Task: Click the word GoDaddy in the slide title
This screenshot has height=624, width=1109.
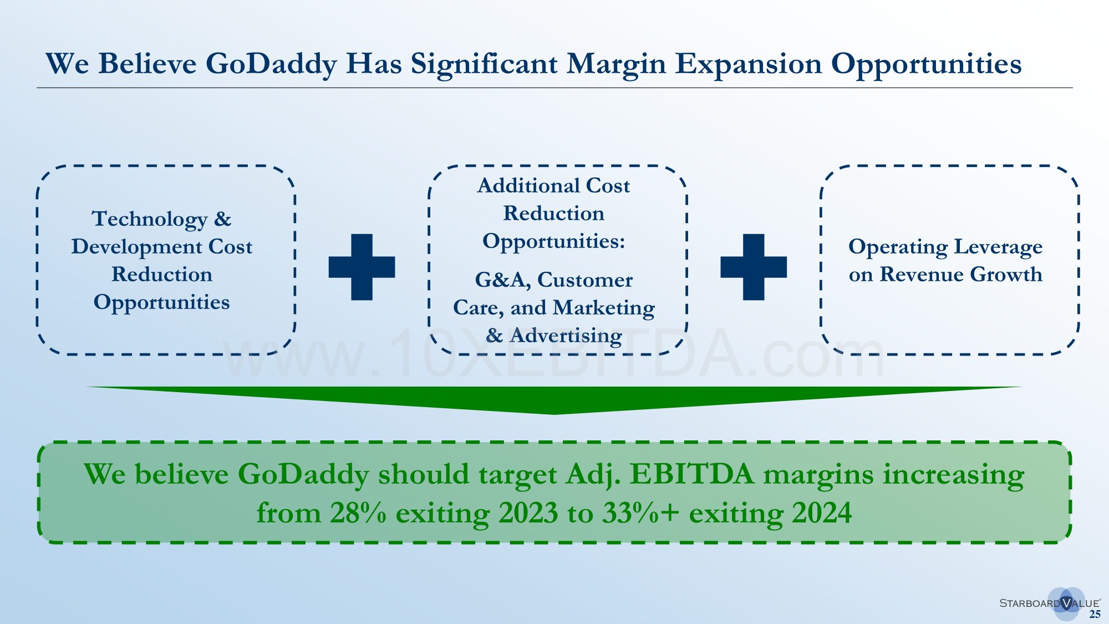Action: (272, 64)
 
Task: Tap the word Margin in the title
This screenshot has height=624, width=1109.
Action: (616, 64)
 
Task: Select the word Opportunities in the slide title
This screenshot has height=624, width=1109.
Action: (926, 64)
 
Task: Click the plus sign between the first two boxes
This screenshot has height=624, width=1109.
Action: (362, 267)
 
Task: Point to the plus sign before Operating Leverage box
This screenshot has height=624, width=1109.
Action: (754, 267)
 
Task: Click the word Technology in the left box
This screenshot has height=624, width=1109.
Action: (150, 220)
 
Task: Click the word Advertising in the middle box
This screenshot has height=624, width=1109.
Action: (566, 336)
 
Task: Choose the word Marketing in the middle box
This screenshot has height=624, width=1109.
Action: (604, 308)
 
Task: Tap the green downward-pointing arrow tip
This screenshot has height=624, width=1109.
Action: (554, 414)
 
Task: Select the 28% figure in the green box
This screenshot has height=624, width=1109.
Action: (358, 513)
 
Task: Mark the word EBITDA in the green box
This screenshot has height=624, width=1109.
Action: (692, 475)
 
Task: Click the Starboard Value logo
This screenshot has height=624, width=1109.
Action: (1050, 603)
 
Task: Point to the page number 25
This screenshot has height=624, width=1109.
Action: (1095, 614)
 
